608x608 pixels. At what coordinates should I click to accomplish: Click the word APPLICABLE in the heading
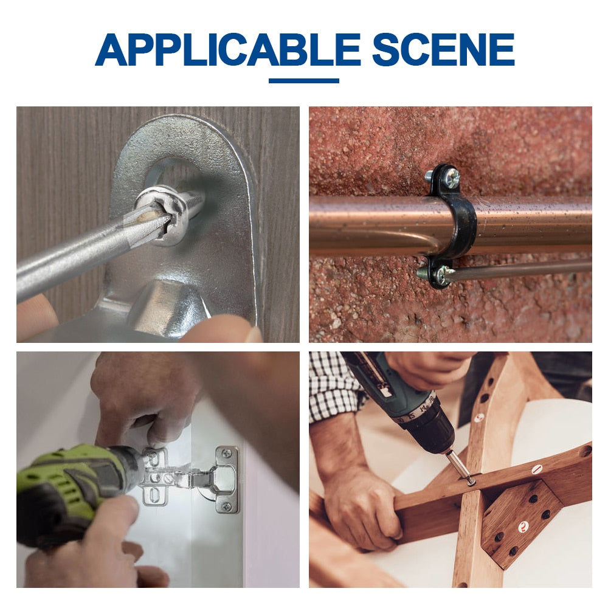228,50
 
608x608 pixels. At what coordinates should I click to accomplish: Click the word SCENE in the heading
443,50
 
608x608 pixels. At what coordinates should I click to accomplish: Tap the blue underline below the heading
304,81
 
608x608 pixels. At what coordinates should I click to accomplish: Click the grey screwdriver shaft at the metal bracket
78,252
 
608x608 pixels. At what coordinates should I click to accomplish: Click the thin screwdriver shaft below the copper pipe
520,269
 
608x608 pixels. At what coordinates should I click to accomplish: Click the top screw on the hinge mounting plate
226,454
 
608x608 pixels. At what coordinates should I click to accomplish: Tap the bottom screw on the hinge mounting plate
227,506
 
